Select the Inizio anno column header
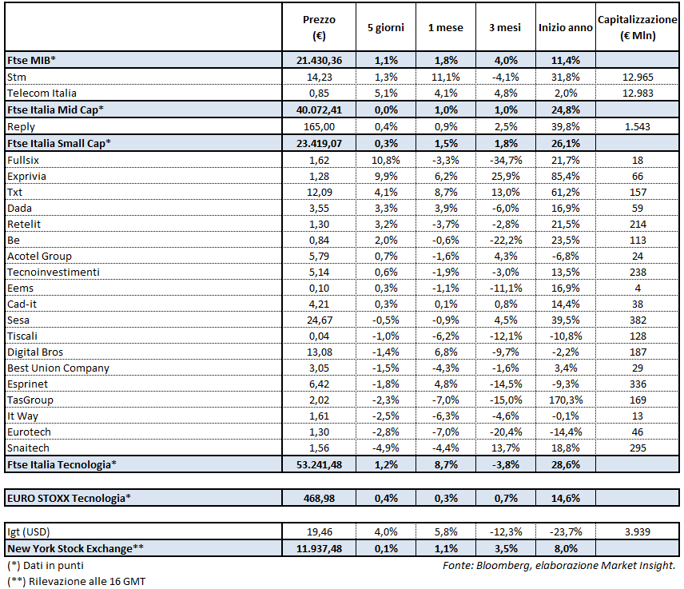point(565,27)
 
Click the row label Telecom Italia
point(42,93)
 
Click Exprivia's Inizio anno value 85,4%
point(565,176)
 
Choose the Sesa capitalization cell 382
point(637,320)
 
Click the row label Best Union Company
point(58,368)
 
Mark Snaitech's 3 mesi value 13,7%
point(504,448)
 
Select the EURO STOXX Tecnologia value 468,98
point(319,498)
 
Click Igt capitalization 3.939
point(637,531)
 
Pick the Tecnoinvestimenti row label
point(53,272)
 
